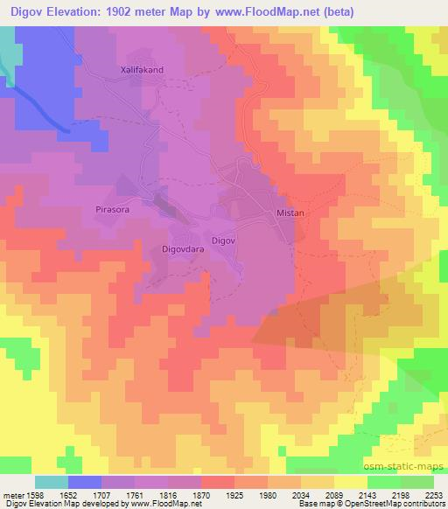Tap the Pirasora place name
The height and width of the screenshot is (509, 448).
click(x=111, y=210)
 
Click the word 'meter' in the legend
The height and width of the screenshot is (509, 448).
click(x=12, y=494)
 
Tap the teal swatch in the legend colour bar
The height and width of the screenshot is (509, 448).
click(x=52, y=482)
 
